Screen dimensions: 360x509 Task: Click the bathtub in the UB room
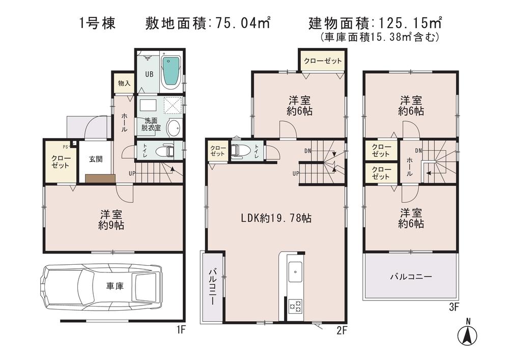171,72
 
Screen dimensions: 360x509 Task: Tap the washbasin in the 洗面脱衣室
173,128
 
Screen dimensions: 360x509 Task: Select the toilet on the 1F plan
164,151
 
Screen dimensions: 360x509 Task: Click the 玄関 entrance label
96,159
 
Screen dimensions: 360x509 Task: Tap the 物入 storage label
123,83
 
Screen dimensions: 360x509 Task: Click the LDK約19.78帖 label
276,218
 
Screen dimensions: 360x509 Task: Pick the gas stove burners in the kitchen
295,306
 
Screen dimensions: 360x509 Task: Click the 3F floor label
454,307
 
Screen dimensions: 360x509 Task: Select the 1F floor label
180,330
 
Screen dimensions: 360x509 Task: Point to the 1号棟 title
98,23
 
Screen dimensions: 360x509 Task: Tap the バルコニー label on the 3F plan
411,277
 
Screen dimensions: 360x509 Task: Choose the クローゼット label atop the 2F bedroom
323,61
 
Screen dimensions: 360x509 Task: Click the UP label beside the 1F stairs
132,174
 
